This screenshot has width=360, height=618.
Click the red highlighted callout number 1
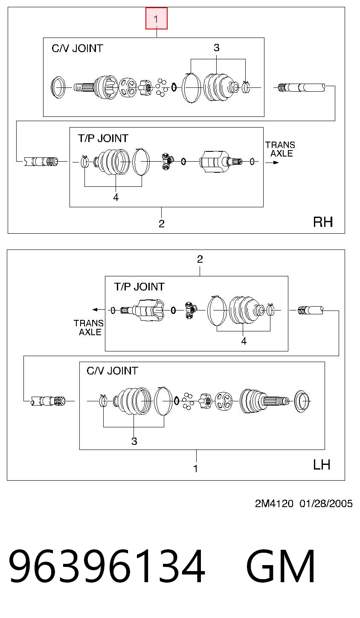point(157,18)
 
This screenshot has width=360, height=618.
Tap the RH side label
point(323,222)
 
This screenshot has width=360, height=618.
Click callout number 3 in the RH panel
point(217,48)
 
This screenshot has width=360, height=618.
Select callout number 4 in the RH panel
point(116,197)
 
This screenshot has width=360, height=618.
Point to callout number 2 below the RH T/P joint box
point(162,223)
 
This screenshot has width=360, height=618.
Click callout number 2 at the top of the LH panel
point(200,259)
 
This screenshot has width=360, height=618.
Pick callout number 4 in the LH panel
point(244,341)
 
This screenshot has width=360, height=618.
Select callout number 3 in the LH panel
point(134,441)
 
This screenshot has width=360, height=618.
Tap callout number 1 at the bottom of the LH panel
point(196,469)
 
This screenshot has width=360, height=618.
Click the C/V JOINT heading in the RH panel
point(77,49)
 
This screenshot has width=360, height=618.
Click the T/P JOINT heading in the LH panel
point(139,287)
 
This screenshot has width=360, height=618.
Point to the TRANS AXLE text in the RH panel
point(281,149)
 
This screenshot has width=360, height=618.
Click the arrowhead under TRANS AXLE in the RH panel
point(276,162)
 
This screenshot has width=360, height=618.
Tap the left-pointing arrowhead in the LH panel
point(95,310)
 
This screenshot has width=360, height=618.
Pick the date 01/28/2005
point(326,504)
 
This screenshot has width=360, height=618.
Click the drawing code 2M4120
point(274,504)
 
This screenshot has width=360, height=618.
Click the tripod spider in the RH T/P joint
point(167,161)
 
